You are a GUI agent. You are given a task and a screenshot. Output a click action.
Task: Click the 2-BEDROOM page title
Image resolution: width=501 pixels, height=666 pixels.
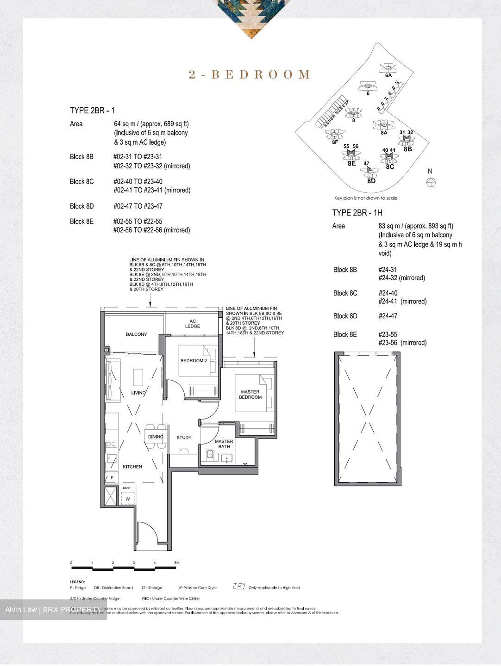tap(250, 74)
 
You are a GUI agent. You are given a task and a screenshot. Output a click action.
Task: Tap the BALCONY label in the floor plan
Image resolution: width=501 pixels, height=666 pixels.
tap(136, 334)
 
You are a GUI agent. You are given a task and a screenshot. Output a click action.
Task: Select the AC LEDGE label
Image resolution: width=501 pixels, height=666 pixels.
tap(193, 324)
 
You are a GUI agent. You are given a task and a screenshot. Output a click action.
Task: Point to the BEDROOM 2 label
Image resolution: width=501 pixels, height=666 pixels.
tap(194, 361)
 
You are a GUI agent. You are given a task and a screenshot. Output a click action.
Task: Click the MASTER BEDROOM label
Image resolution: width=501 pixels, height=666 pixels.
tap(250, 395)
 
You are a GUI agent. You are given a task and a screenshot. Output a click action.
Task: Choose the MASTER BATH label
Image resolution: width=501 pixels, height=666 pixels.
tap(224, 444)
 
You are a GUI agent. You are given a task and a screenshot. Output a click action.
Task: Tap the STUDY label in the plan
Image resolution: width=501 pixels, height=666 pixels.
tap(184, 438)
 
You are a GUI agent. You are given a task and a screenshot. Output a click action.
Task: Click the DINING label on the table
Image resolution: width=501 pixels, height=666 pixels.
tap(156, 437)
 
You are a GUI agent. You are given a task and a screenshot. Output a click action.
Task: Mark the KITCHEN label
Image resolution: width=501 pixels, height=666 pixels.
tap(132, 467)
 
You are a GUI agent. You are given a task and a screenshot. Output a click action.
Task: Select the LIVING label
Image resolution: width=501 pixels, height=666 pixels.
tap(138, 393)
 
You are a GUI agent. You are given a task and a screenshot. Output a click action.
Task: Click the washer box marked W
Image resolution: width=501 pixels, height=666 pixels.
tap(128, 499)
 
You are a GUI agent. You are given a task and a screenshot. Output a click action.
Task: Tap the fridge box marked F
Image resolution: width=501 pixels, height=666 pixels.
tap(112, 478)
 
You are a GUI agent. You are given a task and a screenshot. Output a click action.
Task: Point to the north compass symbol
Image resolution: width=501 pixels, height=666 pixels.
tap(430, 182)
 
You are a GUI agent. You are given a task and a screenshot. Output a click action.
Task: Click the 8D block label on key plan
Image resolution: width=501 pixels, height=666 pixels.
tap(371, 181)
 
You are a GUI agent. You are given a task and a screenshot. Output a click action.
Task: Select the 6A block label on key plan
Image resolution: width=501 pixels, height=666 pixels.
tap(388, 75)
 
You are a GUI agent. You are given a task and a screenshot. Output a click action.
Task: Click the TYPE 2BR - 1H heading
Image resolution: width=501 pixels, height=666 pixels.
tap(357, 213)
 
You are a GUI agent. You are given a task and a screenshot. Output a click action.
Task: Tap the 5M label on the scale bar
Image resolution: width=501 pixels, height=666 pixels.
tap(176, 563)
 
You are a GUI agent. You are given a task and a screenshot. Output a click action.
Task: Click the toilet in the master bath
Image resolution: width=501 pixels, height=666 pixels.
tap(210, 455)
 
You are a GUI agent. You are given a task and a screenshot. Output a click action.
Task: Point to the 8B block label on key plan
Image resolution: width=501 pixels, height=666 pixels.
tap(407, 149)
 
